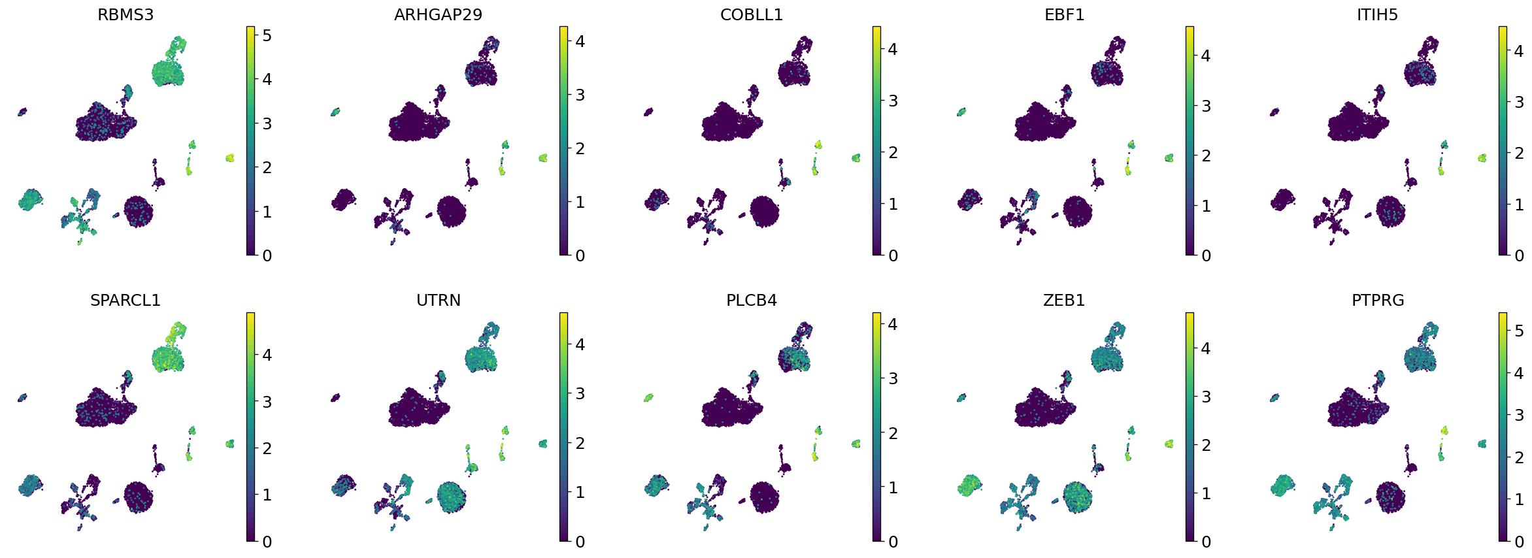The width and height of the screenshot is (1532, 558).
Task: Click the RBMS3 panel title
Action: pyautogui.click(x=125, y=14)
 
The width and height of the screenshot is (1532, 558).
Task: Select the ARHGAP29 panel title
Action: pyautogui.click(x=438, y=14)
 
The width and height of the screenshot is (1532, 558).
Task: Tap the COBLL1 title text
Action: pyautogui.click(x=751, y=14)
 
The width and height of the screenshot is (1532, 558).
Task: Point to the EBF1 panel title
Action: pyautogui.click(x=1064, y=14)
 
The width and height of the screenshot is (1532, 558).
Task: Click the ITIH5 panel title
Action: pyautogui.click(x=1377, y=14)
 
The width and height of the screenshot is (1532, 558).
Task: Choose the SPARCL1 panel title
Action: pyautogui.click(x=125, y=300)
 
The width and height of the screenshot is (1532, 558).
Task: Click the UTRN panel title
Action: pyautogui.click(x=438, y=300)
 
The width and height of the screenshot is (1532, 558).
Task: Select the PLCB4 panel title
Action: pyautogui.click(x=751, y=300)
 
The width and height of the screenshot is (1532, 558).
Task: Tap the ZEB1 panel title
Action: pyautogui.click(x=1064, y=300)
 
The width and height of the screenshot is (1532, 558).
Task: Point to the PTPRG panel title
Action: pyautogui.click(x=1377, y=300)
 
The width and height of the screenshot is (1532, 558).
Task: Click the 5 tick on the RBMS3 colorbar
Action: pyautogui.click(x=267, y=35)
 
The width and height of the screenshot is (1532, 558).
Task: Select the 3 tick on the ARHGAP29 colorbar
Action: pyautogui.click(x=580, y=95)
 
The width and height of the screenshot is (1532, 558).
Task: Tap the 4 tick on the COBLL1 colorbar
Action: pyautogui.click(x=893, y=49)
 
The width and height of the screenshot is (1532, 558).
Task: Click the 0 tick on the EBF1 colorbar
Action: pyautogui.click(x=1206, y=255)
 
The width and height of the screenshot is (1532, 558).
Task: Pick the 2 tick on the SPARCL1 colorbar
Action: pyautogui.click(x=267, y=448)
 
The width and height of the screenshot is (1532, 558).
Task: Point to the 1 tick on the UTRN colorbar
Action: pyautogui.click(x=580, y=492)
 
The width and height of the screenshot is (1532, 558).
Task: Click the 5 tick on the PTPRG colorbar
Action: pyautogui.click(x=1519, y=331)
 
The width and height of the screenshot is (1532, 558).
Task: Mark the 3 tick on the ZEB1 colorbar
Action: pyautogui.click(x=1206, y=397)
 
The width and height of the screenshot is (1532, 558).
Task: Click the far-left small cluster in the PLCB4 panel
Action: pyautogui.click(x=648, y=397)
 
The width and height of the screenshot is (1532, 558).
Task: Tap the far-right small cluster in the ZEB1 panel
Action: pyautogui.click(x=1169, y=444)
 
